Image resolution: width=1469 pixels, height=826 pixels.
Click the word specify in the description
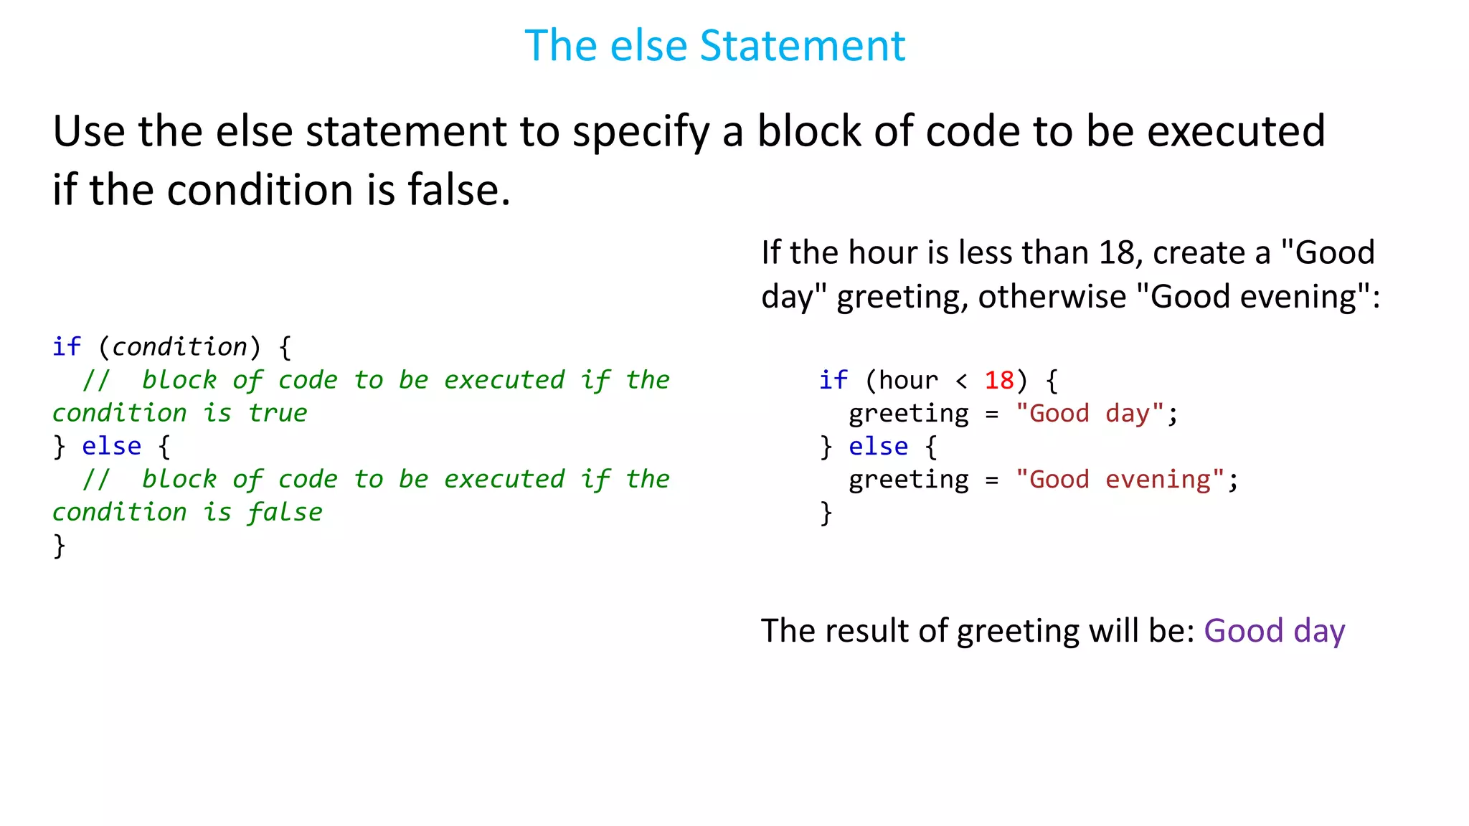click(641, 133)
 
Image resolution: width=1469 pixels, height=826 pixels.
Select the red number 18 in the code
click(998, 380)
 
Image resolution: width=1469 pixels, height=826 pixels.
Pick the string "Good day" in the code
click(1089, 414)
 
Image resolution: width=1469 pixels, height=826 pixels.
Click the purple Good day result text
click(1274, 631)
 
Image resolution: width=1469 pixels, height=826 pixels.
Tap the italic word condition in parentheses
click(179, 347)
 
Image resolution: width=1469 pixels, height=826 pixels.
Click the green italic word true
click(278, 413)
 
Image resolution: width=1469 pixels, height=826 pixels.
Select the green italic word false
click(285, 512)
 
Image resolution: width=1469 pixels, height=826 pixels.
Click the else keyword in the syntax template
click(111, 446)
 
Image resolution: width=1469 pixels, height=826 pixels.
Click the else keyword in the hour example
click(878, 447)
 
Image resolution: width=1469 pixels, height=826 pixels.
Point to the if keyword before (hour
click(833, 380)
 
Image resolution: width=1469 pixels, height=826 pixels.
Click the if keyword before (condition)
click(66, 347)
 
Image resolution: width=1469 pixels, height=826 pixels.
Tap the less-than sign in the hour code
click(961, 381)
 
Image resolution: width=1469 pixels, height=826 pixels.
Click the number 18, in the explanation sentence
click(1120, 253)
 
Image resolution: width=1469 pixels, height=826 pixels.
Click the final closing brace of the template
click(59, 546)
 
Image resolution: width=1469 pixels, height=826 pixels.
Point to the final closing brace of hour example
click(826, 513)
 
